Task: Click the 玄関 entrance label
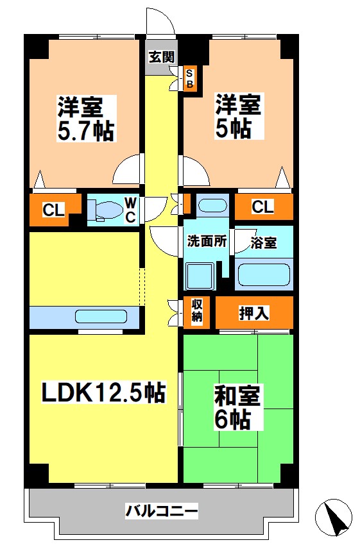click(161, 56)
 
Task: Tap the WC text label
click(130, 210)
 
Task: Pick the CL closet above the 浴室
click(262, 206)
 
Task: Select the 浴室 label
click(264, 243)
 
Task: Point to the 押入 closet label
click(254, 313)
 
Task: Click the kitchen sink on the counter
click(101, 317)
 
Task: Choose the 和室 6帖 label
click(238, 409)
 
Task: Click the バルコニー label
click(161, 512)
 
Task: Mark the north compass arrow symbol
click(334, 516)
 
